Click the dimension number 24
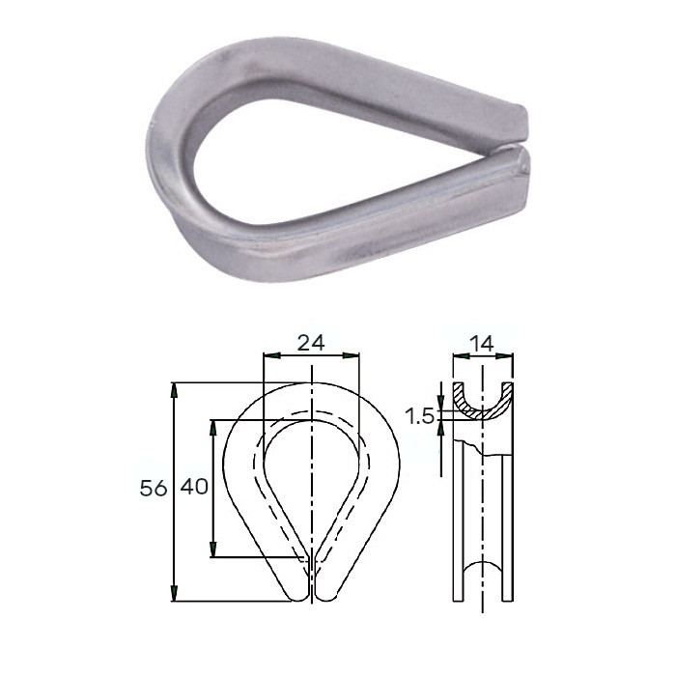click(311, 343)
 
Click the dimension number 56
click(153, 489)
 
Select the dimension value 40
click(194, 487)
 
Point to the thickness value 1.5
click(418, 417)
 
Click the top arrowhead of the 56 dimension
click(174, 390)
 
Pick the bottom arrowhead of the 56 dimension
click(174, 593)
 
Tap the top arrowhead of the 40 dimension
click(212, 427)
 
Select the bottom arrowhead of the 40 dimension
click(212, 549)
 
